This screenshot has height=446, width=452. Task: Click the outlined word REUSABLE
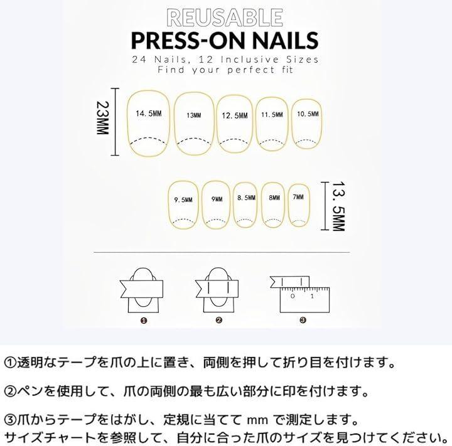(x=225, y=18)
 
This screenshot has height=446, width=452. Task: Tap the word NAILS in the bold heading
(x=286, y=40)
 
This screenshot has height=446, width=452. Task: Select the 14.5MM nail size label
(x=149, y=114)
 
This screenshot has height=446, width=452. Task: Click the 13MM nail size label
(x=194, y=115)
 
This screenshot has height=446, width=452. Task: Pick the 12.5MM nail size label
(x=235, y=116)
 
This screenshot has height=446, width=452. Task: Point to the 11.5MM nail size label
(x=272, y=115)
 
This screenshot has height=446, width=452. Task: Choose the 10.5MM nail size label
(x=308, y=114)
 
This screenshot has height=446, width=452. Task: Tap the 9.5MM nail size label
(x=183, y=199)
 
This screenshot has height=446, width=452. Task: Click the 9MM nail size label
(x=217, y=199)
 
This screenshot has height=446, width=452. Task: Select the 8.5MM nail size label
(x=247, y=198)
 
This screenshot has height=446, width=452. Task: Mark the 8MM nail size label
(x=274, y=198)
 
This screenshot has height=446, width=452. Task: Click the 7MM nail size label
(x=298, y=197)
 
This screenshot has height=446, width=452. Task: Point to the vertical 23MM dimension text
(x=102, y=118)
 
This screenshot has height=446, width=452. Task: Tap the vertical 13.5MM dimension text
(x=339, y=206)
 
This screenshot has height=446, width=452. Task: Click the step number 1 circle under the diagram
(x=144, y=321)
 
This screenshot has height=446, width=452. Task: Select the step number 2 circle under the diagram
(x=219, y=320)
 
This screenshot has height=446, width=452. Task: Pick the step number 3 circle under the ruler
(x=303, y=320)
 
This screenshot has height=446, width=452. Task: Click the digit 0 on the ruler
(x=293, y=296)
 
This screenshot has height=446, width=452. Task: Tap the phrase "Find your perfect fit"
(x=225, y=70)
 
